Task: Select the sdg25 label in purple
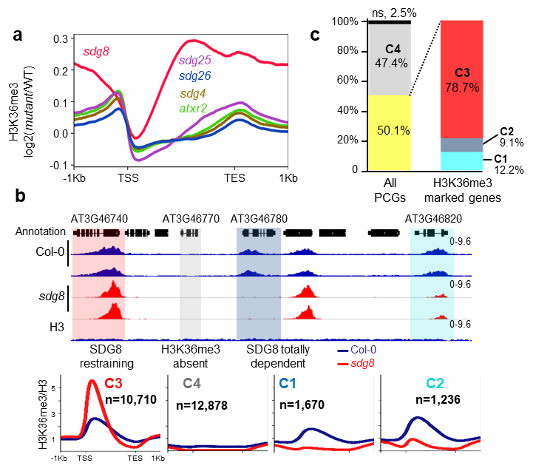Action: [x=195, y=61]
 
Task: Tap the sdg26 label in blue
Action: [x=195, y=76]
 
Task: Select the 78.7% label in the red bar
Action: [x=462, y=87]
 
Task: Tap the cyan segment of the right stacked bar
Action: [x=461, y=161]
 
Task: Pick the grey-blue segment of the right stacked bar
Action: [x=461, y=145]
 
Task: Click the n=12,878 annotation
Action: [x=201, y=404]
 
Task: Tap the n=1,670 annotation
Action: [x=302, y=404]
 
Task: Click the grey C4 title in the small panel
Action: [x=192, y=384]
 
